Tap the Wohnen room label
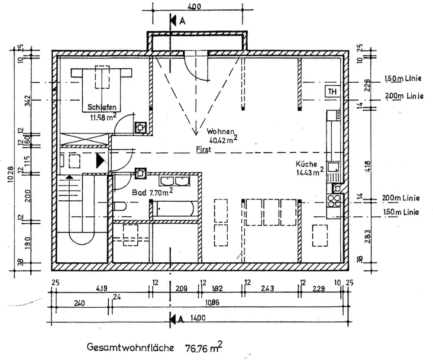220,131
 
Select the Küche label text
307,164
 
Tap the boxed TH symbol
332,92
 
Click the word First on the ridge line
204,150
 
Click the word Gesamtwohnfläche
130,347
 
